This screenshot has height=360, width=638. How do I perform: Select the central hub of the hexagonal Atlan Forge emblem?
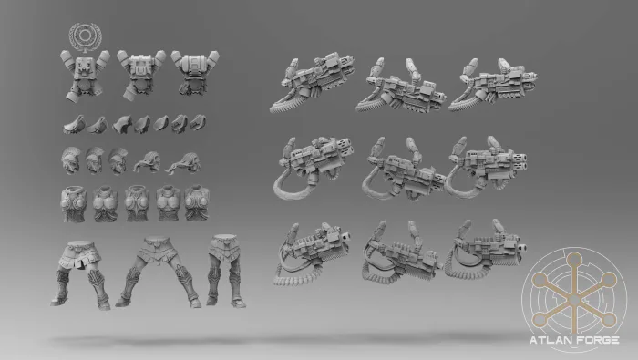[574, 300]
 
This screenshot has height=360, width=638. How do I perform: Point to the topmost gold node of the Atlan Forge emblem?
[574, 259]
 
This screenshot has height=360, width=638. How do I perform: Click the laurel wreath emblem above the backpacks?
[85, 37]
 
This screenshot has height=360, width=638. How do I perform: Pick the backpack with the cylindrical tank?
[195, 73]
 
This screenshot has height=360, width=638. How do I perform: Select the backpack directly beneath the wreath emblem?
[85, 76]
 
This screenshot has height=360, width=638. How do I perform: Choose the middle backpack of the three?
[140, 74]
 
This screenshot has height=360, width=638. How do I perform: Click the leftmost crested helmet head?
[71, 159]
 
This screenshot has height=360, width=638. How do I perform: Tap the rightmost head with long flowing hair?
[184, 163]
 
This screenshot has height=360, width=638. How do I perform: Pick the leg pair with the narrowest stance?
[226, 270]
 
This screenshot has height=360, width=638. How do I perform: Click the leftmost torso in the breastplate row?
[74, 204]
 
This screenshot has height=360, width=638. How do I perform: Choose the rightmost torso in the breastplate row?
[197, 203]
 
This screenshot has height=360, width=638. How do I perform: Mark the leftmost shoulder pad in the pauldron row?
[74, 125]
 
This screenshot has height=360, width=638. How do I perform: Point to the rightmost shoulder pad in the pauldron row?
[198, 122]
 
